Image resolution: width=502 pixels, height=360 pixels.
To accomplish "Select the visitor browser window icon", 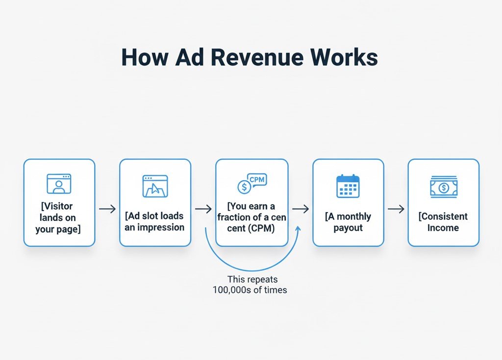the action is tap(59, 184).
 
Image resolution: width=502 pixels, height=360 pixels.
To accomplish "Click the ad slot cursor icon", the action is tap(155, 186).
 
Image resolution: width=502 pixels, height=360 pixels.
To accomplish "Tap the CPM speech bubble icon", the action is tap(257, 180).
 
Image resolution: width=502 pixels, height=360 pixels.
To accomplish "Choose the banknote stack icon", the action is tap(443, 187).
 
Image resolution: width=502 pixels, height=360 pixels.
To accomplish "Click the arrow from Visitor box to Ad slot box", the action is tap(107, 209).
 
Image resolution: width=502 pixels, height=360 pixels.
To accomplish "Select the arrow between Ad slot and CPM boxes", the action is tap(203, 209).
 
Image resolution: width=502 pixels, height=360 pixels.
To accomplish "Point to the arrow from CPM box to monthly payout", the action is tap(301, 209).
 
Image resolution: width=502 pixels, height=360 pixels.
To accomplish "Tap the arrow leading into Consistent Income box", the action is tap(396, 209).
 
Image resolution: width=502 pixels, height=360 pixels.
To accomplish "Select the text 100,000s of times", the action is tap(250, 289).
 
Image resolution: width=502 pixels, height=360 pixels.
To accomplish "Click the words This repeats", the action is tap(252, 279).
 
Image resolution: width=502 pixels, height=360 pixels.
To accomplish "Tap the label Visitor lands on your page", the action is tap(58, 217).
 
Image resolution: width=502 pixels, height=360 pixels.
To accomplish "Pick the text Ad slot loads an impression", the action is tap(155, 221).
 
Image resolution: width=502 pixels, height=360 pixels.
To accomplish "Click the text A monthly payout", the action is tap(348, 222).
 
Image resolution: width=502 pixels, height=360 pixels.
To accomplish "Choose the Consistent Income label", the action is tap(443, 222).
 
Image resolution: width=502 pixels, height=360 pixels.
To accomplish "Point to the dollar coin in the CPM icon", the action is tap(243, 187).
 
